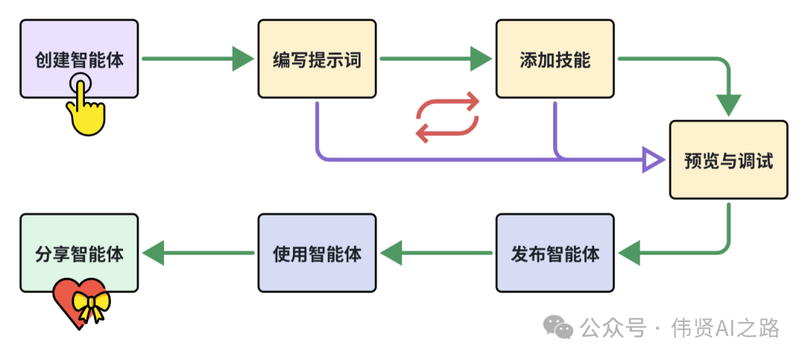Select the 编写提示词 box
point(317,59)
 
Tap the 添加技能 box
point(555,59)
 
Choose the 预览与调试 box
point(728,160)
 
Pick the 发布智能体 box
point(555,253)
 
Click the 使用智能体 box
point(317,253)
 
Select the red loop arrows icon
point(447,118)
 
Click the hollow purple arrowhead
point(654,160)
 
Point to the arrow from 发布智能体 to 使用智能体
point(436,253)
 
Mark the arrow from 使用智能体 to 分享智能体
point(198,253)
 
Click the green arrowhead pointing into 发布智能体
point(630,253)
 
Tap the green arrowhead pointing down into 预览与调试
point(728,105)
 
